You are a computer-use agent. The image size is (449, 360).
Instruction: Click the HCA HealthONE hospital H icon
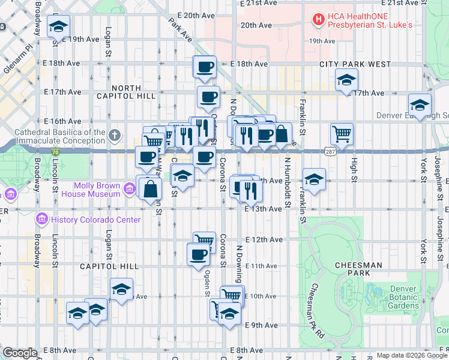coord(318,20)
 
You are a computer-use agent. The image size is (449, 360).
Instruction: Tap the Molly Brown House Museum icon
coord(129,190)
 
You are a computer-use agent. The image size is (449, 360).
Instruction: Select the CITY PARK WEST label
coord(355,64)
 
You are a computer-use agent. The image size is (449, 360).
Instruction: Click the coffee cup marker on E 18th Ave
coord(204,67)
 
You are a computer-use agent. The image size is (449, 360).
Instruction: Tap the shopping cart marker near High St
coord(342,134)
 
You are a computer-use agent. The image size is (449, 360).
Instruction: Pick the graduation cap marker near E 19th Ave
coord(58,27)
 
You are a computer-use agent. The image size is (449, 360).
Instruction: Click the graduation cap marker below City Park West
coord(346,80)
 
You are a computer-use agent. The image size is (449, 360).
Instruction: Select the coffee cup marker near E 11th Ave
coord(198,255)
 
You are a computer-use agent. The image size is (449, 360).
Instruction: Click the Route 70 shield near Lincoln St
coord(55,154)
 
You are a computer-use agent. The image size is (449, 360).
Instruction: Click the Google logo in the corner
coord(20,353)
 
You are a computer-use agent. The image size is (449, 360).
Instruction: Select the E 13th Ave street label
coord(263,209)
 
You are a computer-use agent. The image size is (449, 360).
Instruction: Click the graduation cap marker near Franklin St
coord(314,179)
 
